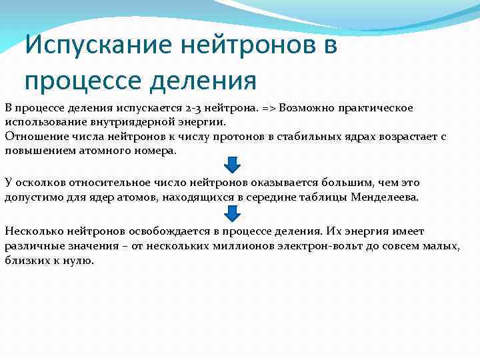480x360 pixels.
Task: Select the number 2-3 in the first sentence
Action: [x=193, y=108]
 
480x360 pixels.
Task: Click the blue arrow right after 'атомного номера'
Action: [x=231, y=165]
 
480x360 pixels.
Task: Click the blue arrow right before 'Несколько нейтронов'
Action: [x=231, y=213]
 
